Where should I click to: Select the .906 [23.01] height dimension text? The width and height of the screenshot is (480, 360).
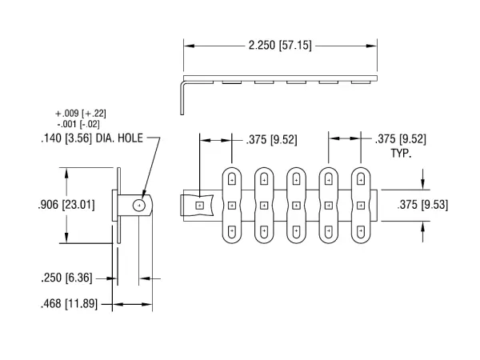[66, 205]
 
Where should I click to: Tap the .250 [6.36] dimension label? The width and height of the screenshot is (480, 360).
[66, 278]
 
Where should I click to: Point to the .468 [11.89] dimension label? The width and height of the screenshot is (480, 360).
[69, 304]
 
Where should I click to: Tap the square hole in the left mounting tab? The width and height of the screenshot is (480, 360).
[199, 206]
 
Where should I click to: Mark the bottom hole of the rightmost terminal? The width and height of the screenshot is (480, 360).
[362, 231]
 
